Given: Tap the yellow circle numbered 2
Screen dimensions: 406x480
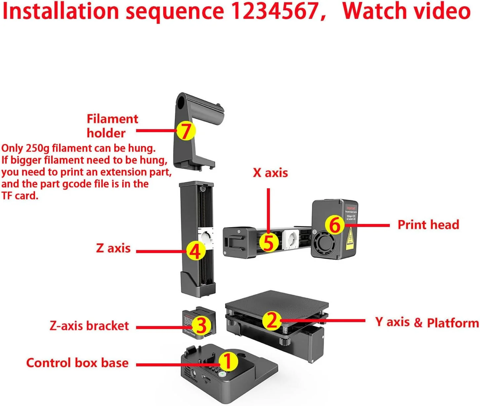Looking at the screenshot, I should [272, 320].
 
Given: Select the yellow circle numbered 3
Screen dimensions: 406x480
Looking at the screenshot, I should [201, 326].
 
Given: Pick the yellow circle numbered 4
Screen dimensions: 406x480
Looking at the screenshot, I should [196, 251].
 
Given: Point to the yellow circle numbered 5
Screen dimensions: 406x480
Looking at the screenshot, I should [269, 242].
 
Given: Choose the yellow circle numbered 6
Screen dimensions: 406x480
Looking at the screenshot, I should [335, 225].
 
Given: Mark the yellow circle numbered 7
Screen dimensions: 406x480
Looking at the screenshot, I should [186, 131].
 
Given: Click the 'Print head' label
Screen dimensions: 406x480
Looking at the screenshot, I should [428, 225].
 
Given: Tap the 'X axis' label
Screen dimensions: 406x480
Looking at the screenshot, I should [270, 173].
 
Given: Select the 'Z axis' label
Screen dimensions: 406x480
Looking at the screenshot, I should [113, 248].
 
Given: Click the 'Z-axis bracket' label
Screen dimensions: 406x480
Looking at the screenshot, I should [89, 326].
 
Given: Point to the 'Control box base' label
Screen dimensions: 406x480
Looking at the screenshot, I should [77, 363].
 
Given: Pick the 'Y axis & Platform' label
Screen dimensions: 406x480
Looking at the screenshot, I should [427, 322].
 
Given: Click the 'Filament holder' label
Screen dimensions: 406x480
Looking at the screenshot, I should [112, 126].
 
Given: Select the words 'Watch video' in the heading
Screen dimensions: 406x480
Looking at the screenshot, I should [407, 11].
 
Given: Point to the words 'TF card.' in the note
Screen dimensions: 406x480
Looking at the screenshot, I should [20, 196].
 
